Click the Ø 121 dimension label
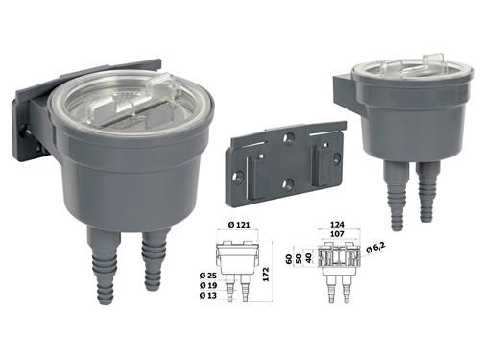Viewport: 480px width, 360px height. [x=239, y=225]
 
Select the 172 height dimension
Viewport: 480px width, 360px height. [x=266, y=274]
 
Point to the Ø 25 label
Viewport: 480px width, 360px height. [x=208, y=276]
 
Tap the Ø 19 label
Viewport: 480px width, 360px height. [x=208, y=285]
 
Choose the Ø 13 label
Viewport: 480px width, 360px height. [x=208, y=295]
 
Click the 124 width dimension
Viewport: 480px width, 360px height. [x=337, y=225]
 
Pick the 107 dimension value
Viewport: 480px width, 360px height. [x=337, y=234]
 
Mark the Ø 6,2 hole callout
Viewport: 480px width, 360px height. [x=375, y=248]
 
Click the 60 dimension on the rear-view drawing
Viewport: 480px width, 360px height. [x=289, y=257]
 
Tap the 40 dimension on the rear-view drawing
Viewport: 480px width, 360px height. [x=308, y=257]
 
